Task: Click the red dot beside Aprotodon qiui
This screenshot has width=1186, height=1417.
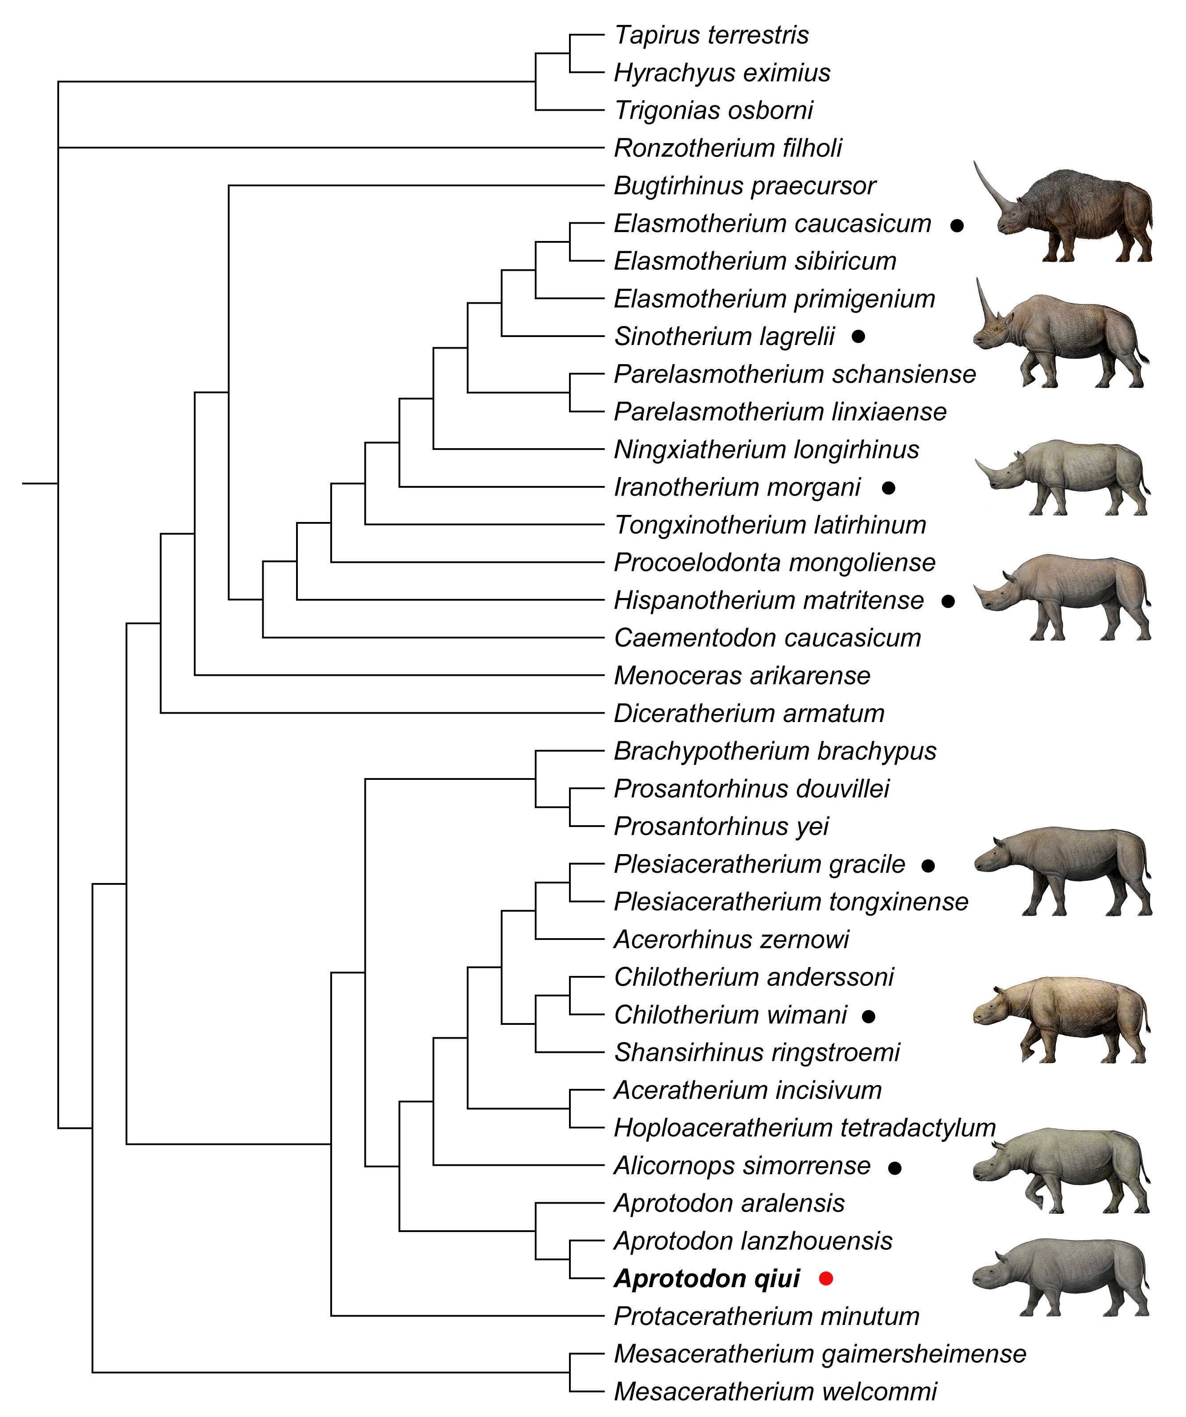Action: (x=826, y=1278)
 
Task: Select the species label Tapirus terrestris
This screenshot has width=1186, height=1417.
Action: (x=711, y=35)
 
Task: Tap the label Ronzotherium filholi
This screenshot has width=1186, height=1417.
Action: (x=727, y=148)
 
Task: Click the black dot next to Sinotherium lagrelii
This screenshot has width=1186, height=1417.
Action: (x=858, y=336)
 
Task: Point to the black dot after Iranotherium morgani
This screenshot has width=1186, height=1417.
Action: (x=889, y=487)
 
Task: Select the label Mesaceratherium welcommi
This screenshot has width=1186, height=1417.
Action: (x=775, y=1391)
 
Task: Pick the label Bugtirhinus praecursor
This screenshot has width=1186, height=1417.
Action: (x=744, y=185)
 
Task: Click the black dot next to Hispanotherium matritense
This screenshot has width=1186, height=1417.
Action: (x=948, y=601)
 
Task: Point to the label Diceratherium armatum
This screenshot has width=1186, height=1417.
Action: (x=749, y=713)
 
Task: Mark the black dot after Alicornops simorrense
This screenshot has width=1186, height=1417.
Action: (x=894, y=1167)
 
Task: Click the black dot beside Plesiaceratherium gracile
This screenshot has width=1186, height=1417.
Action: (x=928, y=865)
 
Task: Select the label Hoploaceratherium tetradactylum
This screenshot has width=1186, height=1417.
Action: (x=804, y=1128)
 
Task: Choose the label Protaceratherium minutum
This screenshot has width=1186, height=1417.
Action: (x=766, y=1316)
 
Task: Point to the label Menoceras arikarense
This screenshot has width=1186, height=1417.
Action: (x=741, y=675)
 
